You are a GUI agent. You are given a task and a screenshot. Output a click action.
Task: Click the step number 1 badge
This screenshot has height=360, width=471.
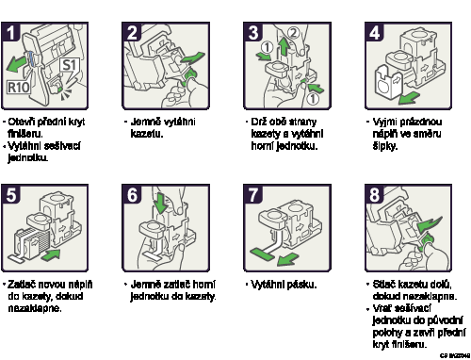(10, 32)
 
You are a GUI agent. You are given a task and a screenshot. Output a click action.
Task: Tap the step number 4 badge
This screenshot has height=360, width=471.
(374, 32)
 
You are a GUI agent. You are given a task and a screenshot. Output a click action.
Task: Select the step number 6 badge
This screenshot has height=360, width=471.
(132, 194)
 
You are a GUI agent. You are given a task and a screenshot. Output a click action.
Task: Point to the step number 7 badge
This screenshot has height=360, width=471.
(252, 194)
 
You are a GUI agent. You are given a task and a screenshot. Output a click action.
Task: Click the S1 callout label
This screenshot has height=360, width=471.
(70, 66)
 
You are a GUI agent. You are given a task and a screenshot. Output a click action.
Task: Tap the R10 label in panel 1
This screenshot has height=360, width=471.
(19, 88)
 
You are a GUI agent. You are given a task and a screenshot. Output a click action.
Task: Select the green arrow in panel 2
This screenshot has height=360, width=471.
(192, 58)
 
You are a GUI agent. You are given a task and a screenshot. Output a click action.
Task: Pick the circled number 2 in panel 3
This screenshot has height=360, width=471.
(293, 33)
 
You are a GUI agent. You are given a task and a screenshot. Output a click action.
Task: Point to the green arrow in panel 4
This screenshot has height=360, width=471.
(408, 97)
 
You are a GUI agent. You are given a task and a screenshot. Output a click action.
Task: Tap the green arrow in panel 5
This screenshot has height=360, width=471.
(52, 254)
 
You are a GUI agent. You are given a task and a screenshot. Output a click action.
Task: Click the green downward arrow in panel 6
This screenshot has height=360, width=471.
(161, 204)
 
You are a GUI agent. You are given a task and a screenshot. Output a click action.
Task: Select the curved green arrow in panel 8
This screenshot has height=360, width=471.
(430, 223)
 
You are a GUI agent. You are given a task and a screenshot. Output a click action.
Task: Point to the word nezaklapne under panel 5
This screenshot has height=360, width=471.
(35, 308)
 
